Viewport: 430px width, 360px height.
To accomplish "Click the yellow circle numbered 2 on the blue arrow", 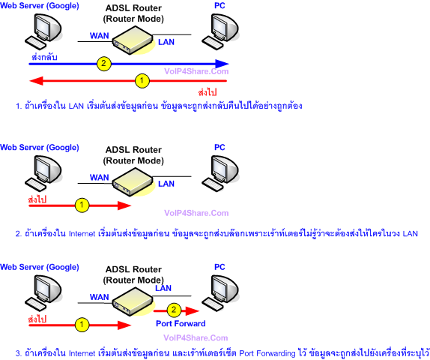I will (103, 63).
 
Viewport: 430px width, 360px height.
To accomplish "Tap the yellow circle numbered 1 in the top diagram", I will (140, 79).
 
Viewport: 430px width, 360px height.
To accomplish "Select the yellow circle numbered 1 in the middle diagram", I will (82, 203).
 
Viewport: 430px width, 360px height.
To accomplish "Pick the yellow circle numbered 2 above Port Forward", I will (174, 310).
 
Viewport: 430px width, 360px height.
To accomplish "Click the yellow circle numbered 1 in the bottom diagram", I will (82, 324).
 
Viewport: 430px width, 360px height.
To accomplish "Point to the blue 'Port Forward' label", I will (180, 324).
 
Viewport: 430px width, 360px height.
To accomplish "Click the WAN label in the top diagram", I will (99, 35).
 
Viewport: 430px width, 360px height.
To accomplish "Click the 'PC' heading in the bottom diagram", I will (219, 267).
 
